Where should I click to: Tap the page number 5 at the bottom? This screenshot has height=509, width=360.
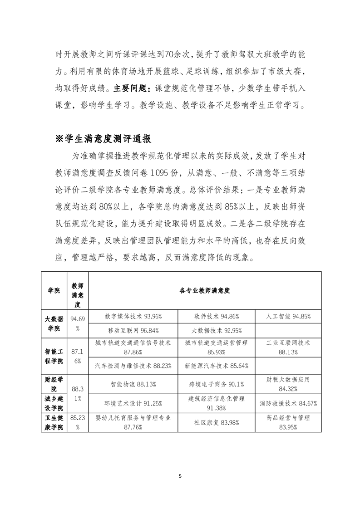180,476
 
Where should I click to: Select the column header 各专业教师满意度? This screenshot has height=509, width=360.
205,291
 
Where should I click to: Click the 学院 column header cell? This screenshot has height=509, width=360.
54,291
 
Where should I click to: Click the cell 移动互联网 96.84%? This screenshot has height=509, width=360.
133,330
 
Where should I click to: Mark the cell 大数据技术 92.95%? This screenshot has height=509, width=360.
217,330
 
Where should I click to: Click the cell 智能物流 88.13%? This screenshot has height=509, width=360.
133,384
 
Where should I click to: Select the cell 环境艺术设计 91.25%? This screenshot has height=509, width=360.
133,403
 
